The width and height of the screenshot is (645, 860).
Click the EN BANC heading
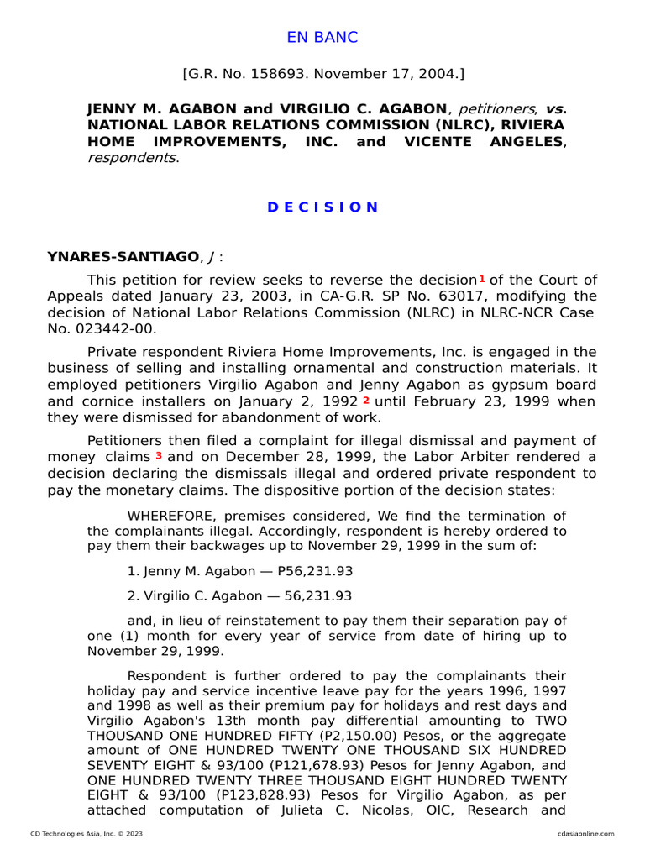tap(322, 38)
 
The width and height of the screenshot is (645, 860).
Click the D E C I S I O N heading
tap(322, 207)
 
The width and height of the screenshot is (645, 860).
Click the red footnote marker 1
tap(482, 279)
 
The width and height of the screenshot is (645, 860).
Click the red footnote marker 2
tap(365, 401)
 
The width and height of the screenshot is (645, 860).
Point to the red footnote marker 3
tap(159, 456)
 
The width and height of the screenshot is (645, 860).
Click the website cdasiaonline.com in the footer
tap(585, 834)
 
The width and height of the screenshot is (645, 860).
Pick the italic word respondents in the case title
tap(132, 157)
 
